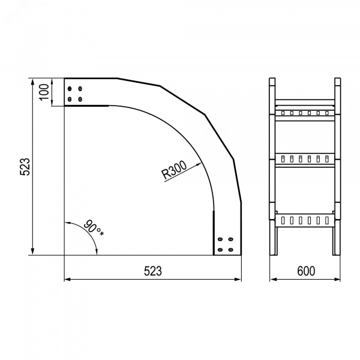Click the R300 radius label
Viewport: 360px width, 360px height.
174,170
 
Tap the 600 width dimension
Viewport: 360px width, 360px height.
306,271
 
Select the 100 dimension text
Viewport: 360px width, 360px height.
44,92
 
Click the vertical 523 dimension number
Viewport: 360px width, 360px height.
25,167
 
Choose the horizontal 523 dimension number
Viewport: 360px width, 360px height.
153,271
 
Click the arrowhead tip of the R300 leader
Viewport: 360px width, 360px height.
202,163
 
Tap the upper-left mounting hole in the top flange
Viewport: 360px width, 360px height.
70,89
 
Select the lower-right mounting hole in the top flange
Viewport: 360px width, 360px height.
80,99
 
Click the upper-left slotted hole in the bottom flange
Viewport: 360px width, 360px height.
220,239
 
